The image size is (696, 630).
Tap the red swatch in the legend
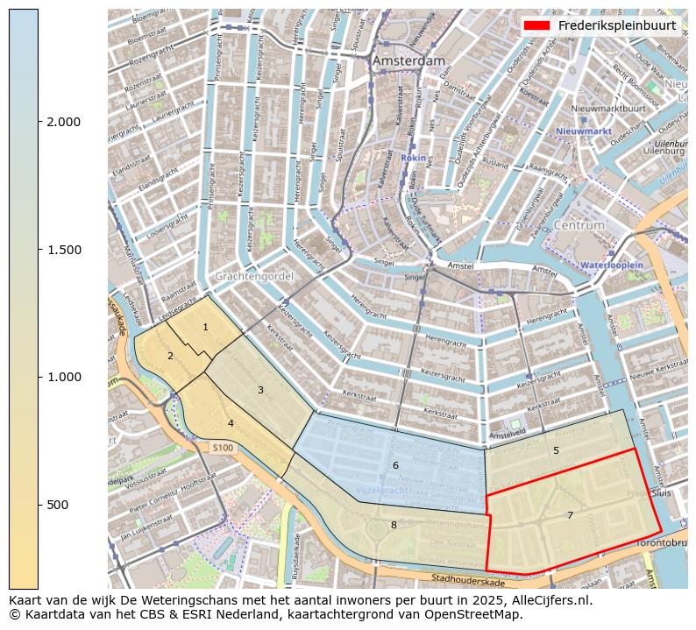(x=536, y=25)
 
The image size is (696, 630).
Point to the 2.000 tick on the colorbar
(x=64, y=122)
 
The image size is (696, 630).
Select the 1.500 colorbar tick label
(x=64, y=250)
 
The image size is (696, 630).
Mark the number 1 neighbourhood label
(x=205, y=328)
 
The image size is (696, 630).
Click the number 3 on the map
(x=260, y=390)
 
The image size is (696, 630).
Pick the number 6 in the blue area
(x=395, y=465)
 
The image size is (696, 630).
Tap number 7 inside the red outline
(x=570, y=515)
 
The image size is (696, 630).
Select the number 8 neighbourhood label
(x=394, y=525)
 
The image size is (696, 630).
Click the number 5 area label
(x=556, y=450)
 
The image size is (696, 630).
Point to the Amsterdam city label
(x=408, y=61)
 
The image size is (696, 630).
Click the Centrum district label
(x=579, y=225)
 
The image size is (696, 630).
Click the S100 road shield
(x=224, y=448)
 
